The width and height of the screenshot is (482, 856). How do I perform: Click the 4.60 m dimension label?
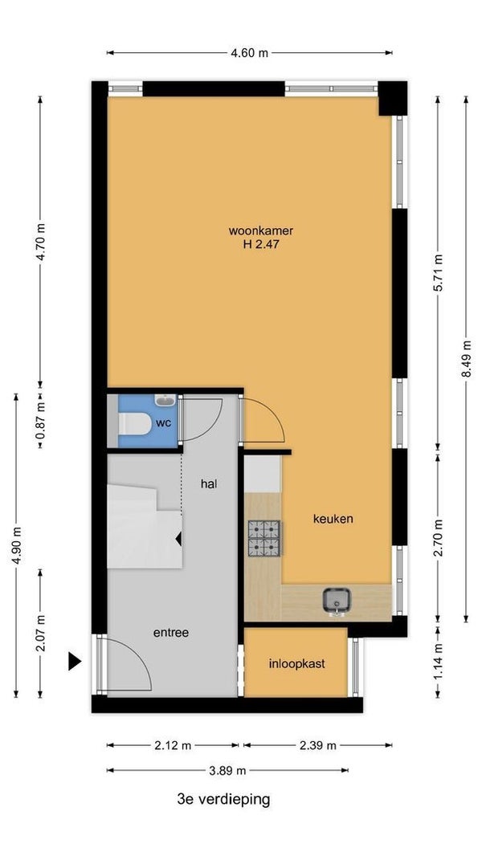tap(250, 53)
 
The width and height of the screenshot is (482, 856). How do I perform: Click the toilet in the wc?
tap(135, 424)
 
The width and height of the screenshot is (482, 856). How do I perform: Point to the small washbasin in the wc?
tap(165, 401)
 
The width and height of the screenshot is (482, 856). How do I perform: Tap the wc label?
tap(164, 423)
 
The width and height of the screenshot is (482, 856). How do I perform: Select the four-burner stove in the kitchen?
tap(264, 538)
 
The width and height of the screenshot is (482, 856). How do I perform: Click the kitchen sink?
tap(336, 601)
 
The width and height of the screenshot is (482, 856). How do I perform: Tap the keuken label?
tap(333, 519)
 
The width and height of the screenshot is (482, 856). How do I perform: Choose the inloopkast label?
tap(297, 664)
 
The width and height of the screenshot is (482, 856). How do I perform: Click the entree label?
tap(171, 633)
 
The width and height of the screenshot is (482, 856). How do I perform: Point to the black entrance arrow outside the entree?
tap(74, 661)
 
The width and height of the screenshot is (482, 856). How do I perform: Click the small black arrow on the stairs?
tap(178, 539)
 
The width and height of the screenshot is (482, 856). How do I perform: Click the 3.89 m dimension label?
tap(227, 771)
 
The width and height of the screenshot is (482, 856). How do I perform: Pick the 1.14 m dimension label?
tap(438, 662)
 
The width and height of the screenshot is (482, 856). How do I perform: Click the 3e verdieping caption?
tap(224, 800)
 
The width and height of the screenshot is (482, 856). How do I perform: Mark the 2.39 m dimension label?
tap(317, 745)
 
